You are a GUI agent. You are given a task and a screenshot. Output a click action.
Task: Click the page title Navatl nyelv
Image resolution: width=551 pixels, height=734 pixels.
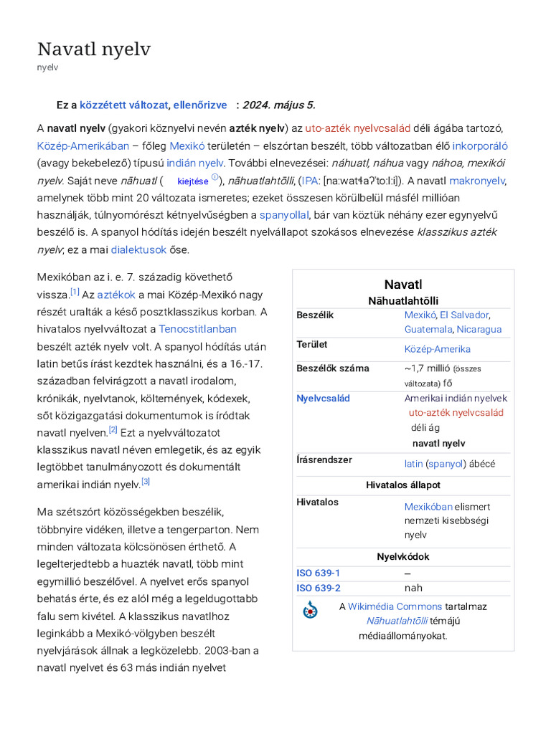click(x=94, y=49)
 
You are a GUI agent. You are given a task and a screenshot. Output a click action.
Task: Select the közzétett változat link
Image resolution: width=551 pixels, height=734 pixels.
click(x=123, y=105)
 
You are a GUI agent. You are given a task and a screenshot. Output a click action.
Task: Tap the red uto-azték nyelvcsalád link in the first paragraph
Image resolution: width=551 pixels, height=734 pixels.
click(x=357, y=128)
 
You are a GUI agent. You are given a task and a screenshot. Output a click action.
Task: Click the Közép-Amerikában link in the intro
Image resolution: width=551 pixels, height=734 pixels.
click(x=83, y=146)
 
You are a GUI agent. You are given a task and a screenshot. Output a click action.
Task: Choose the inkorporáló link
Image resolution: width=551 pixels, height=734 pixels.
click(x=479, y=146)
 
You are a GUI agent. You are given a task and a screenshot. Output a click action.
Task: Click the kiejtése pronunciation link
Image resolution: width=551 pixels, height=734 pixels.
click(x=192, y=181)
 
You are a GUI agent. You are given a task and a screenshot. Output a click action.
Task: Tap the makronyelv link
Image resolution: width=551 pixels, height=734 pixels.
click(x=477, y=181)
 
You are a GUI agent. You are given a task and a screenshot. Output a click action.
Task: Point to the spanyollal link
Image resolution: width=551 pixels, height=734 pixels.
click(x=284, y=215)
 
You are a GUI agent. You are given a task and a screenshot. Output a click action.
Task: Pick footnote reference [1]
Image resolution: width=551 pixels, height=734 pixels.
click(x=75, y=292)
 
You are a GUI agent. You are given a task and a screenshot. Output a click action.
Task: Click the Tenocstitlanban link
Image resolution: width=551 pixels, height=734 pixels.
click(x=197, y=329)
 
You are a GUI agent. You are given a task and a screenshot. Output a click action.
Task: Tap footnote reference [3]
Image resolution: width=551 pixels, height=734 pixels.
click(x=146, y=482)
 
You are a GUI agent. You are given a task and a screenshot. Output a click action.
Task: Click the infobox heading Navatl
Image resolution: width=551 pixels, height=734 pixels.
click(x=403, y=285)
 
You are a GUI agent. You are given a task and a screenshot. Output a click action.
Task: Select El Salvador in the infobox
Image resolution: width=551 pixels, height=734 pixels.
click(x=464, y=315)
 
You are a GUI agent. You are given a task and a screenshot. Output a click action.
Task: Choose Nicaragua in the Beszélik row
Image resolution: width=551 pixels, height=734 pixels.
click(x=479, y=329)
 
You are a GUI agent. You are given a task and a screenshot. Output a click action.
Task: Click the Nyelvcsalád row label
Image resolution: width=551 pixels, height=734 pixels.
click(x=323, y=398)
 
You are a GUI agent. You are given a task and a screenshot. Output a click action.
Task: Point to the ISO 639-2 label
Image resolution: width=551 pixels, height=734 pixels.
click(x=319, y=588)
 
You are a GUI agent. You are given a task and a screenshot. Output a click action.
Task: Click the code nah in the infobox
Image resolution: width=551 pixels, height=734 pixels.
click(x=413, y=588)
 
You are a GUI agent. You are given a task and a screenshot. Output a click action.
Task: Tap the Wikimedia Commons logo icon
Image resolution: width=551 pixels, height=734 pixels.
click(x=310, y=610)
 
